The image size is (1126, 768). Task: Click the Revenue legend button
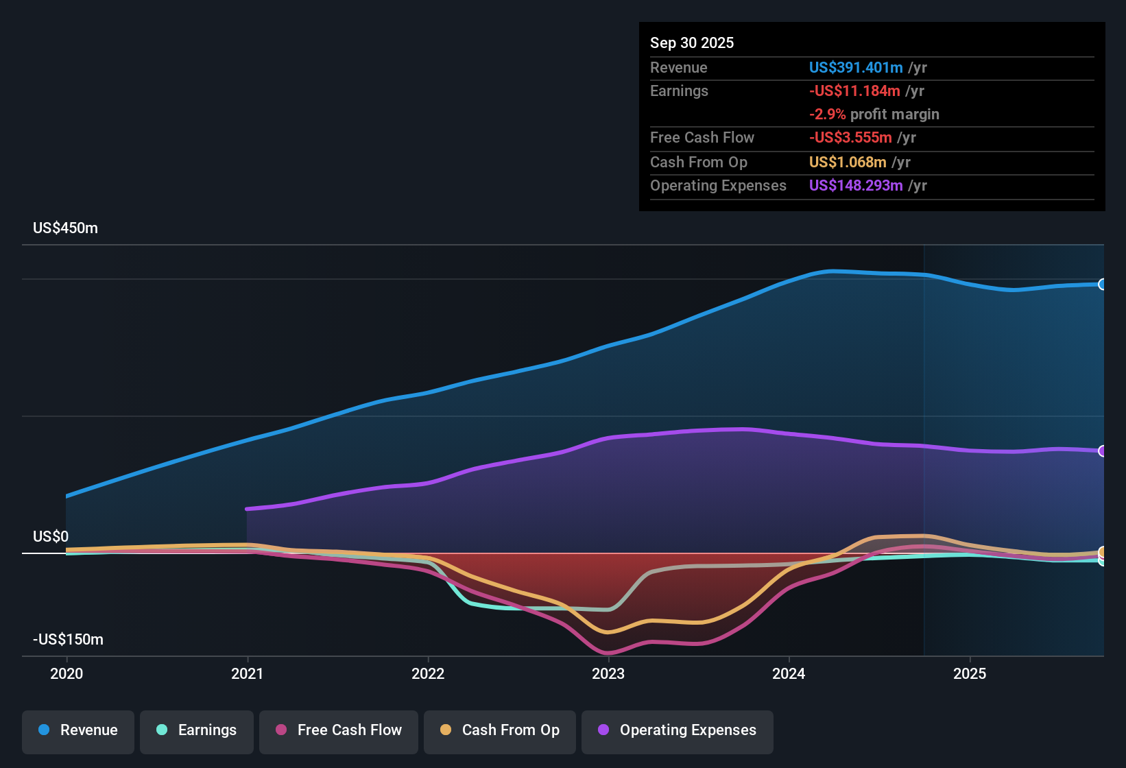(78, 730)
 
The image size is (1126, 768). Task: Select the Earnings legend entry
(197, 730)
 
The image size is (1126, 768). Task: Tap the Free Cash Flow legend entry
(339, 730)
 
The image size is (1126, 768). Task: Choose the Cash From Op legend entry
(500, 730)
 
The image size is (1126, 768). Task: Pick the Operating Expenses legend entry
(678, 730)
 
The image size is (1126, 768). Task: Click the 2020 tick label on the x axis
(67, 674)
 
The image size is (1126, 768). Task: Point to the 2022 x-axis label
(428, 674)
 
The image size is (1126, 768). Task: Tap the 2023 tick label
(608, 674)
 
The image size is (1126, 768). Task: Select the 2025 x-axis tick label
(970, 674)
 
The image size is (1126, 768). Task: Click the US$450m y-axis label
(65, 228)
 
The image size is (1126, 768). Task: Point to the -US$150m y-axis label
(68, 640)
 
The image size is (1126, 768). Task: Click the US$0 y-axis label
(51, 537)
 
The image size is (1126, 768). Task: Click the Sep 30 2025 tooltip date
(692, 43)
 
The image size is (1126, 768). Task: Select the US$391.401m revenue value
(855, 68)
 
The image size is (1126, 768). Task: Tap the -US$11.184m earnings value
(854, 91)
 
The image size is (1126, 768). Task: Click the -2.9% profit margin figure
(828, 115)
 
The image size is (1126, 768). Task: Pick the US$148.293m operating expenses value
(855, 186)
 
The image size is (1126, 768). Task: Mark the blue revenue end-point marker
(1102, 285)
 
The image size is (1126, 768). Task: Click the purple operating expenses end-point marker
(1102, 451)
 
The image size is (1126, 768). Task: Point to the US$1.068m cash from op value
(848, 163)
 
